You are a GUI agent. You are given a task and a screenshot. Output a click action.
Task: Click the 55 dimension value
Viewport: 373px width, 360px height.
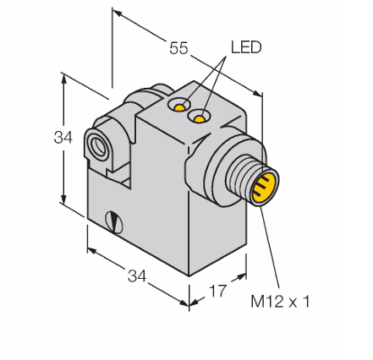pyautogui.click(x=178, y=48)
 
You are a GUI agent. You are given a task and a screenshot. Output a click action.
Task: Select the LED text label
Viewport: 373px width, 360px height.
pyautogui.click(x=246, y=47)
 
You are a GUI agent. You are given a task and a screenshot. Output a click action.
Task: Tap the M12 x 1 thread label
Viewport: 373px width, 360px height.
pyautogui.click(x=280, y=302)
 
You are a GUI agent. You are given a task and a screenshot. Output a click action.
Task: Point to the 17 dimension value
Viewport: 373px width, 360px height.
pyautogui.click(x=217, y=291)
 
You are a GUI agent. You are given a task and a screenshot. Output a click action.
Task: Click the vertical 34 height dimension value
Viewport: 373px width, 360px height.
pyautogui.click(x=63, y=138)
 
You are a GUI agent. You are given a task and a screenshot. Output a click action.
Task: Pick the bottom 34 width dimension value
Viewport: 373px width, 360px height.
pyautogui.click(x=137, y=275)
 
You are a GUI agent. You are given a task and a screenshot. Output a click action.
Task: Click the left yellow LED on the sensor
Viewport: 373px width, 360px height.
pyautogui.click(x=179, y=107)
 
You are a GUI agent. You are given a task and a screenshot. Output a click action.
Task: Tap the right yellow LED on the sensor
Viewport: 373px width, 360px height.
pyautogui.click(x=200, y=119)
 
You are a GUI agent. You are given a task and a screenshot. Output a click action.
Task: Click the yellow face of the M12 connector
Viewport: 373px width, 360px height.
pyautogui.click(x=264, y=188)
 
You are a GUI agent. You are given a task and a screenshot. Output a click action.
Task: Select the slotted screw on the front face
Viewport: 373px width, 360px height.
pyautogui.click(x=114, y=222)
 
